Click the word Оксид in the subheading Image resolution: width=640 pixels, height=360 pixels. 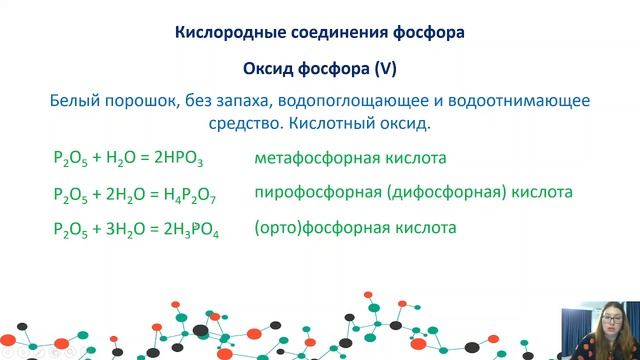tap(269, 69)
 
